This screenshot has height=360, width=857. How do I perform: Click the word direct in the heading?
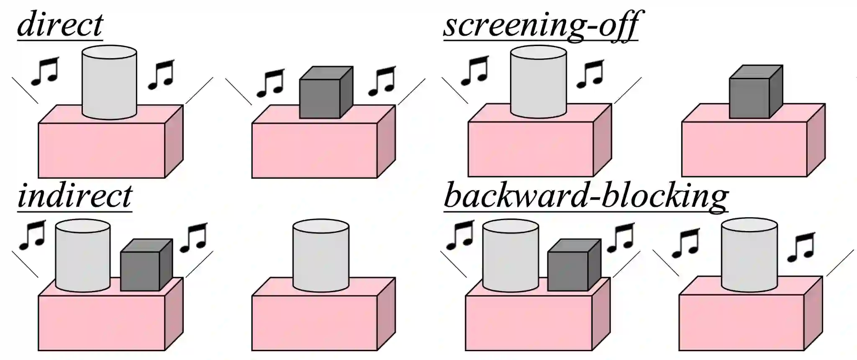[60, 25]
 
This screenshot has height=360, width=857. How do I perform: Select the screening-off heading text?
[541, 25]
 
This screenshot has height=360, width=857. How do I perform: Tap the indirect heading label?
[75, 196]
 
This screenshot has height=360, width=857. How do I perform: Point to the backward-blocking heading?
[586, 196]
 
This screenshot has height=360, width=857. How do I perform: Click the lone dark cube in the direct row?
[326, 93]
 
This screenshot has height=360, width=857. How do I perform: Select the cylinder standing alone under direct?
[109, 83]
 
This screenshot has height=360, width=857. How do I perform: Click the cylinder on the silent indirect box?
[321, 257]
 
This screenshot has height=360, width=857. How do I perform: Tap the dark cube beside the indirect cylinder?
[146, 266]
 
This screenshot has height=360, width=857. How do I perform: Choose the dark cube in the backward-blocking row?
[574, 266]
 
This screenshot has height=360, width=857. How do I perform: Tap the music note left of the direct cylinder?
[45, 71]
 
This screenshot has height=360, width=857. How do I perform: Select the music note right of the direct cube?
[382, 81]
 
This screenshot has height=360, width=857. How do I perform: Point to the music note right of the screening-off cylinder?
[590, 74]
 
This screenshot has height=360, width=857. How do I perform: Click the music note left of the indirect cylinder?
[33, 235]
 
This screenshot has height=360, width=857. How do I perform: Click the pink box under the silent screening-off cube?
[744, 149]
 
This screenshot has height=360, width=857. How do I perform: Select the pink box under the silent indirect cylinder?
[314, 322]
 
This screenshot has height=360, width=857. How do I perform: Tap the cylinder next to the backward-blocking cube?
[510, 256]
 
